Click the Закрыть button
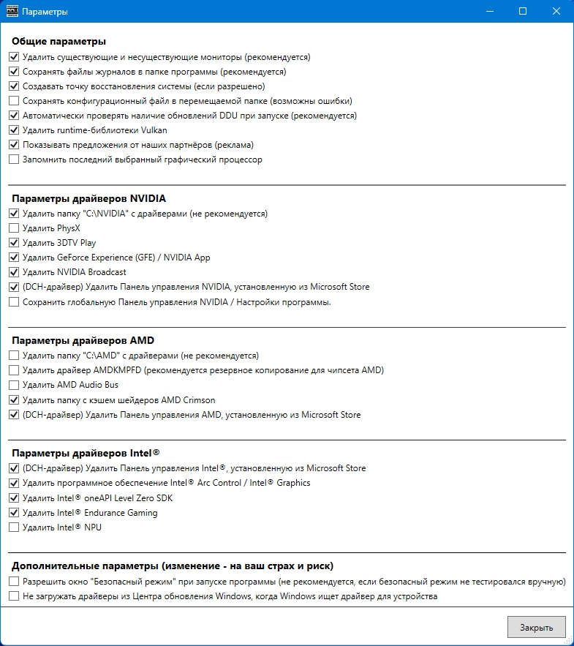pos(536,627)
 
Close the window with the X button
pos(556,12)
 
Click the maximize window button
pos(523,12)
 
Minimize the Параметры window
pos(489,12)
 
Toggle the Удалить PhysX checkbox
pos(14,228)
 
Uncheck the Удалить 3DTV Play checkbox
pos(14,243)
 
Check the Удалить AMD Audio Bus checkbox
pos(14,385)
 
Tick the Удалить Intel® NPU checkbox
pos(14,527)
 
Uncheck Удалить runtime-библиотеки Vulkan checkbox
pos(14,130)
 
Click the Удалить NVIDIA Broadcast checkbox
pos(14,272)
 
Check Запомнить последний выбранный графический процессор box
pos(14,159)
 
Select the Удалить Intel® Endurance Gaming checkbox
pos(14,512)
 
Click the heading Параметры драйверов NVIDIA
pos(88,198)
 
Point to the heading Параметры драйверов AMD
pos(83,340)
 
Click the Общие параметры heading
pos(59,41)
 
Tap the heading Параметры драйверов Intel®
pos(84,453)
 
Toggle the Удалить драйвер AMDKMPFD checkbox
pos(14,370)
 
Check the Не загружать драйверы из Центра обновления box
pos(14,596)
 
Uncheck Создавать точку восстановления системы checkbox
pos(14,86)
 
